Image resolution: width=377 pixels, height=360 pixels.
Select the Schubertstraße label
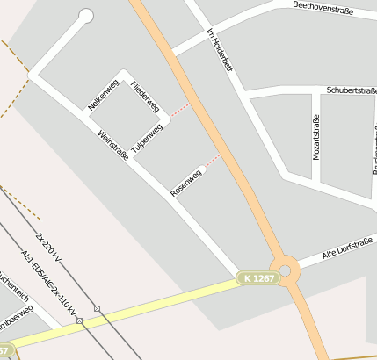coord(351,90)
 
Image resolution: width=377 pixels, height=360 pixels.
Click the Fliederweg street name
coord(144,97)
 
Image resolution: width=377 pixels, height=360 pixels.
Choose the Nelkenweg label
coord(103,95)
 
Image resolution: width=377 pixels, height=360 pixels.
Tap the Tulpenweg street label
coord(147,136)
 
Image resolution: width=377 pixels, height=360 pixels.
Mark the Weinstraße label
coord(114,146)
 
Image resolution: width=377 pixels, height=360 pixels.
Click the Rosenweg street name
coord(186,181)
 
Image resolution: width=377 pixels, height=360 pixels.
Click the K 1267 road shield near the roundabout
coord(259,278)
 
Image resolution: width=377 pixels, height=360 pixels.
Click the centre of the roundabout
coord(285,270)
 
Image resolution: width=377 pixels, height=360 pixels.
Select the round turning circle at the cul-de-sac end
coord(86,15)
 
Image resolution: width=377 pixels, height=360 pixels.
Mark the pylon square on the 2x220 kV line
coord(98,308)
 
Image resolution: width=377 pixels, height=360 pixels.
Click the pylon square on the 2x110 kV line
coord(80,321)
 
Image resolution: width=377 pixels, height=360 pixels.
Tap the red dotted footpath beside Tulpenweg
coord(178,111)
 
